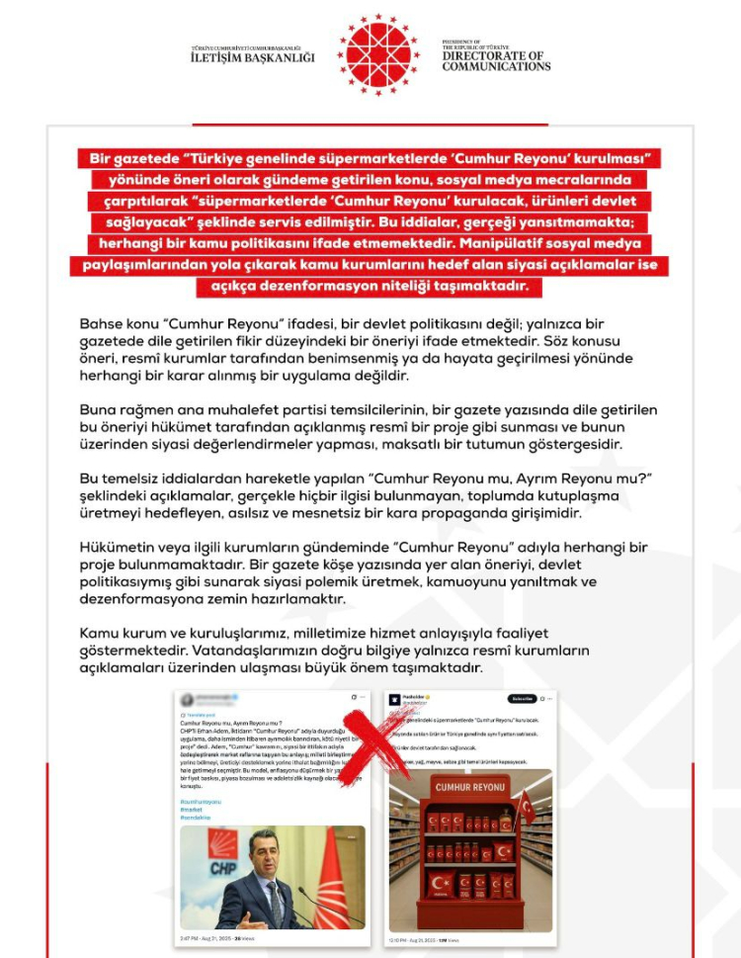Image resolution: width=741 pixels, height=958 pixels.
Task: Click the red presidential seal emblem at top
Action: click(x=378, y=54)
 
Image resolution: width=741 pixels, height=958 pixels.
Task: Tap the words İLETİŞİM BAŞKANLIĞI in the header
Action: click(x=252, y=57)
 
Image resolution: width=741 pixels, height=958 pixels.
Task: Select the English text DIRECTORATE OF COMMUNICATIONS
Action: click(x=496, y=60)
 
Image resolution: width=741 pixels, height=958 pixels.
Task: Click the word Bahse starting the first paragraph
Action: click(x=101, y=325)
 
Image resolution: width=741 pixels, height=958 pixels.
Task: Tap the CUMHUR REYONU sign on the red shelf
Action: click(x=468, y=786)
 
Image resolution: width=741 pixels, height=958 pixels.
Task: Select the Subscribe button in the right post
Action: click(x=522, y=699)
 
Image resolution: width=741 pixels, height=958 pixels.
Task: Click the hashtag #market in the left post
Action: click(x=192, y=809)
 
